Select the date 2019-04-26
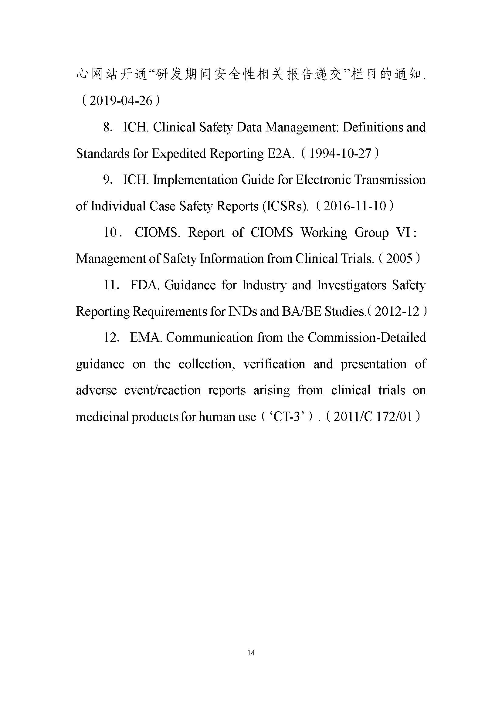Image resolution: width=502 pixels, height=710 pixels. tap(120, 100)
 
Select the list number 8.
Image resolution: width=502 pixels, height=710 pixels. tap(107, 127)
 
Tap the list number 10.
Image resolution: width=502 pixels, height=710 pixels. tap(110, 232)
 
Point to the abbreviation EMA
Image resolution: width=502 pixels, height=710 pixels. tap(146, 337)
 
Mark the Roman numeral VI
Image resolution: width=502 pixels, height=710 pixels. tap(403, 232)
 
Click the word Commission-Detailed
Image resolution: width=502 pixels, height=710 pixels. tap(367, 337)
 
